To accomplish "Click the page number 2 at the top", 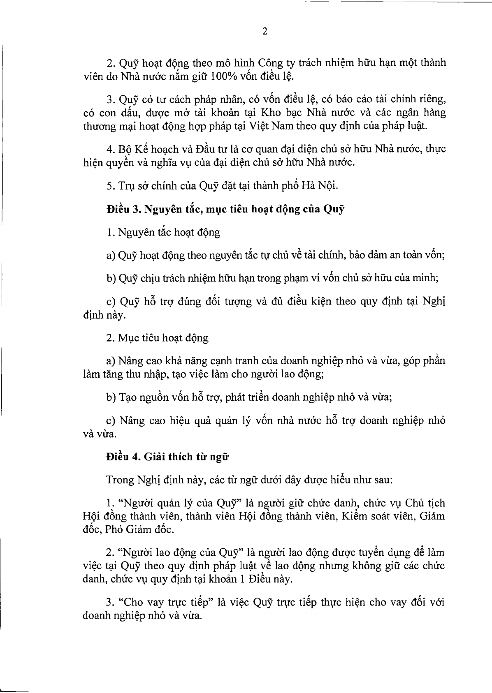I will click(265, 32).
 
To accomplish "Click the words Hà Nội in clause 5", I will click(323, 185).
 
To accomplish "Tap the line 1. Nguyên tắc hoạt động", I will click(163, 233).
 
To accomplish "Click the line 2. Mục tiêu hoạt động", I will click(157, 338).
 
